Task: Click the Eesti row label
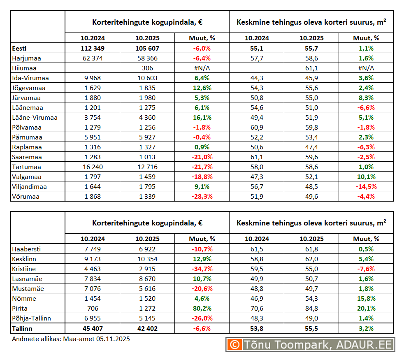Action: click(x=19, y=48)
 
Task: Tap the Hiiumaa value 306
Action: click(x=147, y=68)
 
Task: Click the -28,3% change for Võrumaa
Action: click(x=202, y=196)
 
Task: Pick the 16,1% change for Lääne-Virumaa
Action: click(x=202, y=117)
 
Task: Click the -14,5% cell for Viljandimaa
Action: click(x=366, y=186)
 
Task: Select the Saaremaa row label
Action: click(x=27, y=157)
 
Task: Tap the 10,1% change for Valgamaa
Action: click(x=366, y=177)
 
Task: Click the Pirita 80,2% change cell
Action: click(x=202, y=308)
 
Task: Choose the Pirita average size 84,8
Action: click(x=311, y=308)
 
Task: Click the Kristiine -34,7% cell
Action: click(x=202, y=269)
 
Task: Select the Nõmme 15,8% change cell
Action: click(x=366, y=298)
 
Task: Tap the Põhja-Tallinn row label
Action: click(x=32, y=318)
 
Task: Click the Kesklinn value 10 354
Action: click(x=147, y=259)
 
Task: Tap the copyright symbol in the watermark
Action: click(x=235, y=345)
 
